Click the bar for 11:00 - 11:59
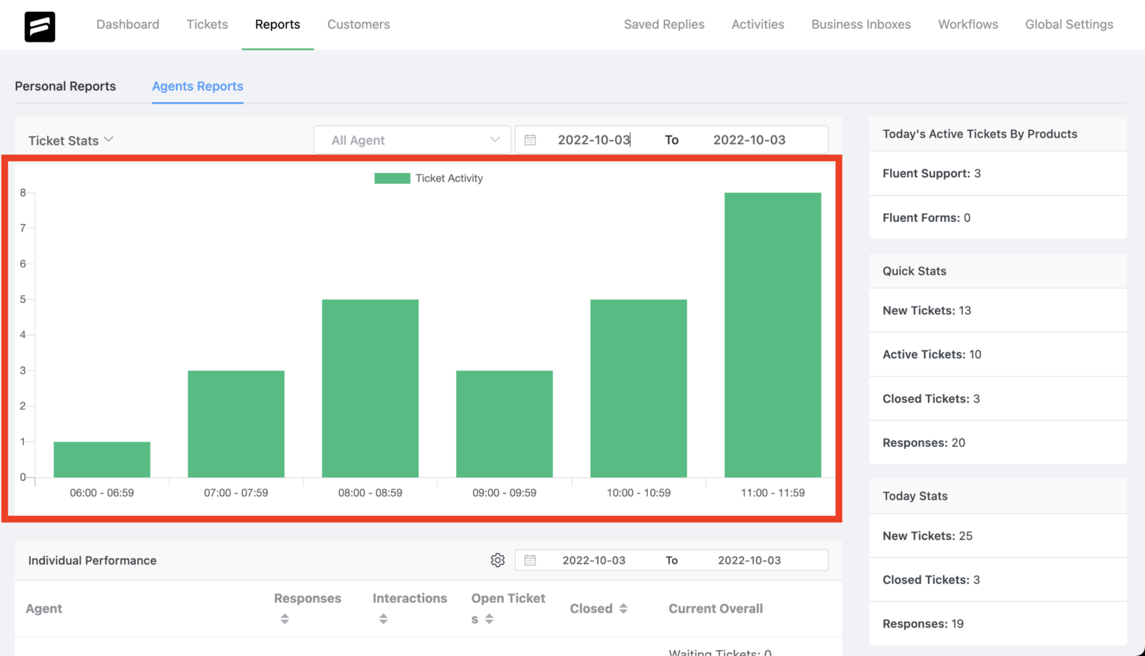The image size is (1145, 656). tap(772, 335)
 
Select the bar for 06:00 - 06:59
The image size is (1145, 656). tap(101, 459)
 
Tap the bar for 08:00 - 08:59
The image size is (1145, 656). tap(370, 388)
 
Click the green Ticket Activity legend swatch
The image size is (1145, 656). tap(392, 178)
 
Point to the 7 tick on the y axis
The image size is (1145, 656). tap(23, 228)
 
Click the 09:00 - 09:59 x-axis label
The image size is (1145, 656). tap(504, 493)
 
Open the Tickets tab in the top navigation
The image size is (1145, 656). tap(207, 25)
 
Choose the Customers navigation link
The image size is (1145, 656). tap(359, 25)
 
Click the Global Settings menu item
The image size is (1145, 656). tap(1069, 25)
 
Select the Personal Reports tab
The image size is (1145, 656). tap(66, 86)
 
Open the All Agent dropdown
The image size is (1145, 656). tap(412, 140)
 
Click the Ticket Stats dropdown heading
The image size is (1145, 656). tap(71, 141)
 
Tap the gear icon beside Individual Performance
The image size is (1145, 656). tap(498, 560)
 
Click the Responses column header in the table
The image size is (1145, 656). tap(307, 599)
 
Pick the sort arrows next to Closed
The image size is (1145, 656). tap(623, 609)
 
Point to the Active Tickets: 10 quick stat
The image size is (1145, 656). tap(932, 354)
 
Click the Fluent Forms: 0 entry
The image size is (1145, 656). tap(927, 217)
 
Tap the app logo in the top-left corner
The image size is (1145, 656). tap(40, 27)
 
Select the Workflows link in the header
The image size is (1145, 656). tap(968, 25)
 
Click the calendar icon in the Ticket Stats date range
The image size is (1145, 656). tap(530, 140)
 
